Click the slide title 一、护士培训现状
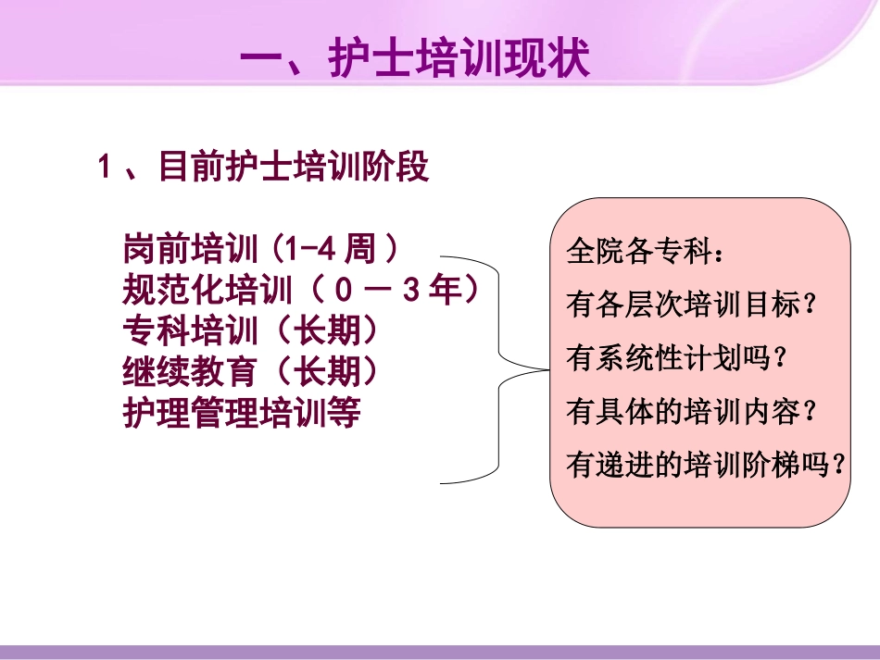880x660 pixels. [x=414, y=62]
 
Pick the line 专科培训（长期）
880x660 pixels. [x=251, y=330]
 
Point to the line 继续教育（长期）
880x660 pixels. [x=251, y=371]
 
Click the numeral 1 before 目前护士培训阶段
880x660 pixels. [x=105, y=168]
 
